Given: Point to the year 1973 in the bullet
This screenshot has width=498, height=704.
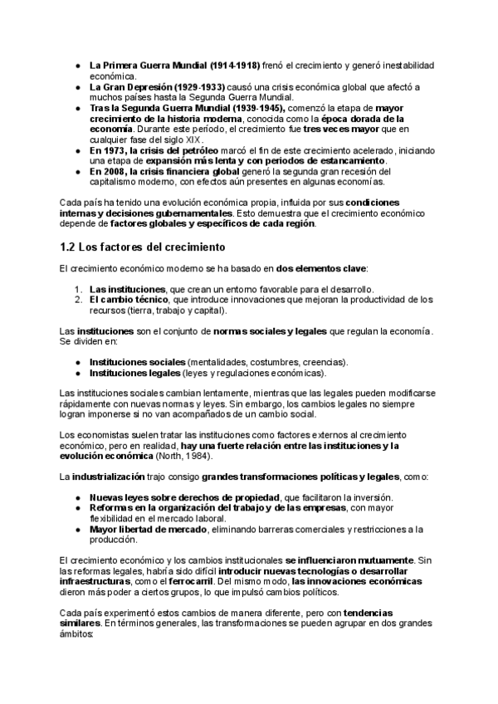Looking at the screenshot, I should point(114,150).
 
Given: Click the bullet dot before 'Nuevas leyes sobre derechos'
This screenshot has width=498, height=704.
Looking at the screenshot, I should point(76,497).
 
